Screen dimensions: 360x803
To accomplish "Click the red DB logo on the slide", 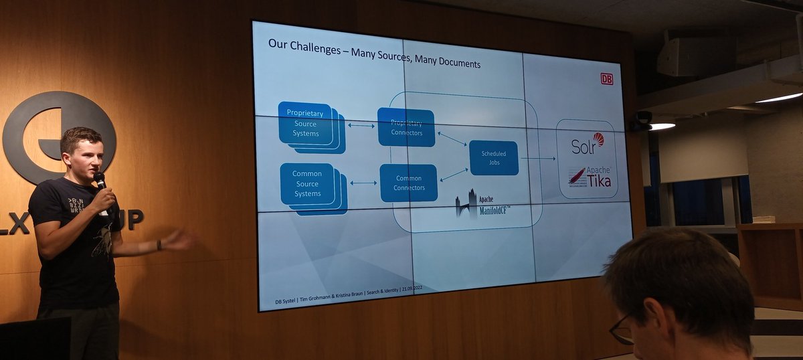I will tap(606, 78).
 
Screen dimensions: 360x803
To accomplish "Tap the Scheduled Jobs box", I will tap(494, 158).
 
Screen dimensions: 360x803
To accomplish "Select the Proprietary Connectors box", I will tap(406, 127).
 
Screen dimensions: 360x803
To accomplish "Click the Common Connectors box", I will tap(408, 183).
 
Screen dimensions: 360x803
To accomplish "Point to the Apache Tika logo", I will tap(590, 177).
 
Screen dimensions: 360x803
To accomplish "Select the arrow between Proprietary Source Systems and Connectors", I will tap(361, 125).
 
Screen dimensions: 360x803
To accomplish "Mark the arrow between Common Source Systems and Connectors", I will tap(363, 183).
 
